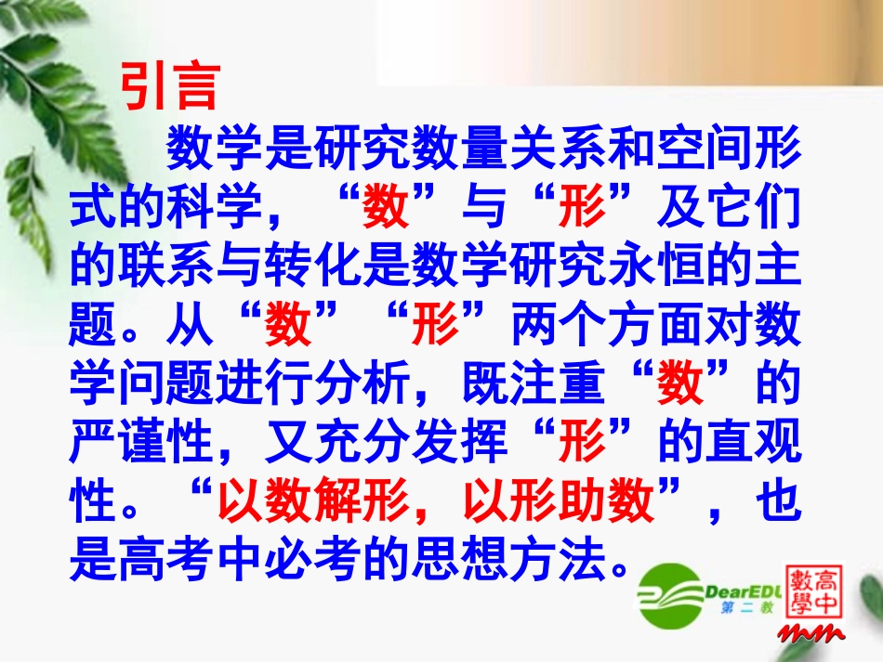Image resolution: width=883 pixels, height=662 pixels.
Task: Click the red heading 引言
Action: point(170,88)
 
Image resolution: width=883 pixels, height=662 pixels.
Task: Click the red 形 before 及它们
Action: point(583,210)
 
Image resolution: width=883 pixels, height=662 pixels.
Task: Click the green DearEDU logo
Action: point(694,592)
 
